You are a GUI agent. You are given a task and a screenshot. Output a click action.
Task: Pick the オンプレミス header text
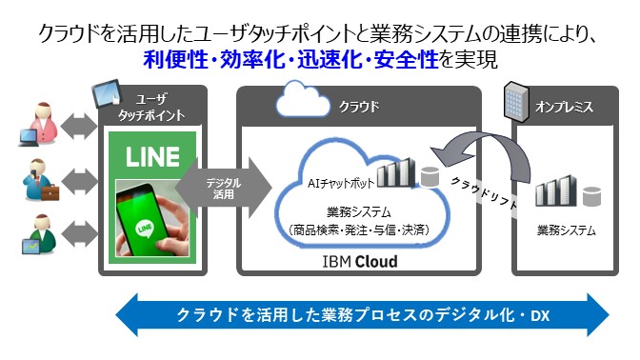(566, 107)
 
